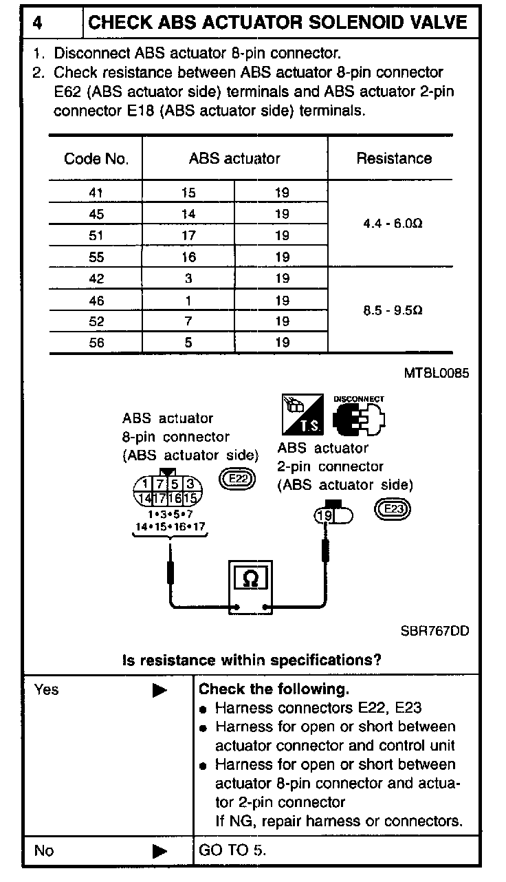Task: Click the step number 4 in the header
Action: click(x=38, y=23)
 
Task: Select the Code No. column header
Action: click(x=96, y=159)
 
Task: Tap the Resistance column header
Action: click(x=393, y=158)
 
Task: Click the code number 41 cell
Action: click(x=96, y=193)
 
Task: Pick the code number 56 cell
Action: click(x=96, y=343)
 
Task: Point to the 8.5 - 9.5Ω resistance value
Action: click(x=393, y=310)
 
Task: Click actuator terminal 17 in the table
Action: click(x=188, y=236)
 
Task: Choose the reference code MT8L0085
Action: click(x=437, y=374)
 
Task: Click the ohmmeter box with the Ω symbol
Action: click(x=251, y=579)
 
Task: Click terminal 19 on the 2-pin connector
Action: click(x=324, y=515)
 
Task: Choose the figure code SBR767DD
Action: click(x=434, y=630)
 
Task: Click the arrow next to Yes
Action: click(x=159, y=690)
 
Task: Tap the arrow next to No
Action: click(x=159, y=851)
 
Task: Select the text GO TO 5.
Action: click(x=232, y=850)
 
